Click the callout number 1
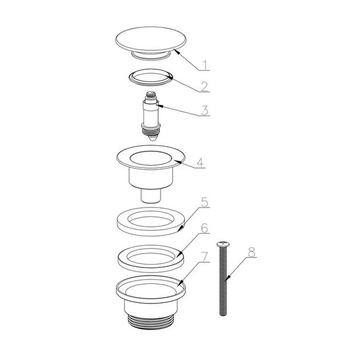pyautogui.click(x=206, y=65)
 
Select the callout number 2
pyautogui.click(x=205, y=86)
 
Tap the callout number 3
pyautogui.click(x=205, y=110)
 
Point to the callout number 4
pyautogui.click(x=200, y=163)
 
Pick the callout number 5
pyautogui.click(x=205, y=202)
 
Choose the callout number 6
pyautogui.click(x=205, y=228)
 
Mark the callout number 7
pyautogui.click(x=205, y=257)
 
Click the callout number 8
pyautogui.click(x=251, y=252)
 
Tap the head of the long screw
pyautogui.click(x=223, y=243)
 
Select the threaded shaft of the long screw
pyautogui.click(x=223, y=281)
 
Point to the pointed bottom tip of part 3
pyautogui.click(x=151, y=139)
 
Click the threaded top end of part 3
pyautogui.click(x=151, y=94)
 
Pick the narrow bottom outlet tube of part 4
pyautogui.click(x=151, y=196)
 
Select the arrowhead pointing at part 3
pyautogui.click(x=159, y=106)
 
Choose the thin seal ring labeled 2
pyautogui.click(x=151, y=77)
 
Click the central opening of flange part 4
pyautogui.click(x=151, y=158)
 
